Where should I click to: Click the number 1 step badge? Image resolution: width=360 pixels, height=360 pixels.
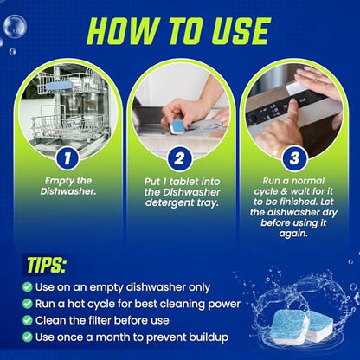coord(67,158)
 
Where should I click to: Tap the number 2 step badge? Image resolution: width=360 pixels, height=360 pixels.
coord(179,158)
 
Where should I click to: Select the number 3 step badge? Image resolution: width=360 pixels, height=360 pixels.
coord(294,158)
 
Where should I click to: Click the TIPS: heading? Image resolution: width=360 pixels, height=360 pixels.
coord(46,265)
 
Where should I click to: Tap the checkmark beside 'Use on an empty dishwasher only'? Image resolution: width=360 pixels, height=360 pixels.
coord(28,287)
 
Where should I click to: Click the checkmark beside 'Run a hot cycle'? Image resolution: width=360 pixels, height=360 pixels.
coord(28,304)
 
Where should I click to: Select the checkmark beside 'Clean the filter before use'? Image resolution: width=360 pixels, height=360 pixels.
coord(28,320)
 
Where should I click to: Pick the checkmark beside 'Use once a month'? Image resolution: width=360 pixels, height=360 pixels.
coord(28,337)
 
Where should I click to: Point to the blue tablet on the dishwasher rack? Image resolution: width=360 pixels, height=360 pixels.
coord(59,86)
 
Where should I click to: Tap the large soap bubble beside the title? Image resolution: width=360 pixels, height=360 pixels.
coord(15,26)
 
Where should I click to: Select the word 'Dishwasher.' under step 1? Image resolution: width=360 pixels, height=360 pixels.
coord(68,191)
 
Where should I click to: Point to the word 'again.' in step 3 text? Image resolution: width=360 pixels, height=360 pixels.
coord(293,233)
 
